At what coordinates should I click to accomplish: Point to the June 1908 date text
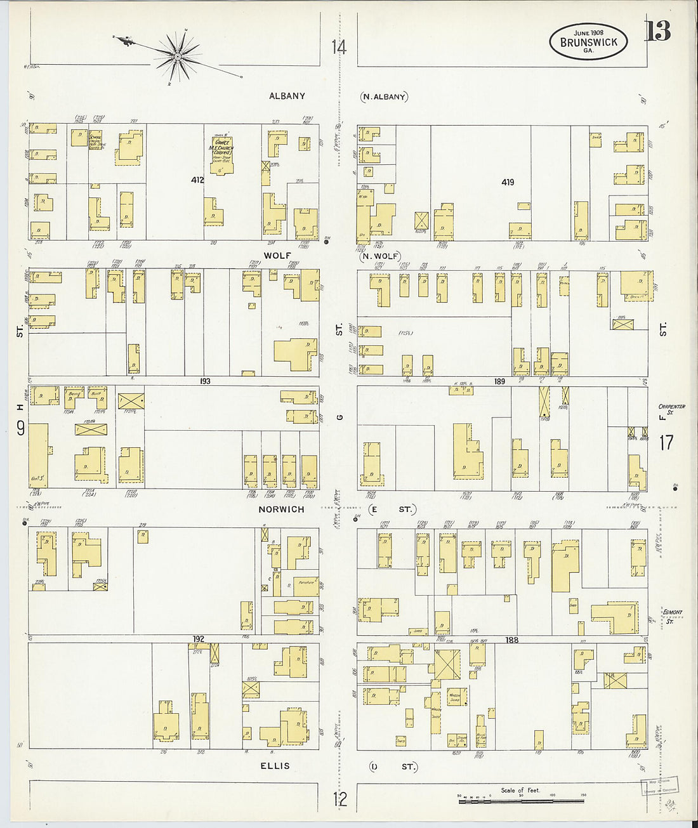click(x=588, y=32)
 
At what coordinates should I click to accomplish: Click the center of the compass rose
click(x=178, y=57)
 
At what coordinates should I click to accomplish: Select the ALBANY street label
click(x=287, y=96)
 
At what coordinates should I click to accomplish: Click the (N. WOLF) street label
click(x=380, y=256)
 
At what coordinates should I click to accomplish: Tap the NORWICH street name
click(x=281, y=509)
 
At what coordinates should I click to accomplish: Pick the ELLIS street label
click(x=275, y=766)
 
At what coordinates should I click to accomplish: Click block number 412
click(x=197, y=180)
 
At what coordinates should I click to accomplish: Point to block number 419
click(x=508, y=182)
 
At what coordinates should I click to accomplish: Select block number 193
click(x=204, y=381)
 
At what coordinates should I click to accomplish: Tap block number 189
click(x=499, y=381)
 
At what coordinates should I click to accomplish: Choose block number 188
click(x=511, y=640)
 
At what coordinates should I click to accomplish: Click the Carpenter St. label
click(x=671, y=409)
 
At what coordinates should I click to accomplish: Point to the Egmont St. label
click(x=671, y=615)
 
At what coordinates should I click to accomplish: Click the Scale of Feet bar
click(x=520, y=801)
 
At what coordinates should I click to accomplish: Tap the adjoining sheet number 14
click(x=339, y=47)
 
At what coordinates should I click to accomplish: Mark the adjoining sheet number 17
click(x=666, y=442)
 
